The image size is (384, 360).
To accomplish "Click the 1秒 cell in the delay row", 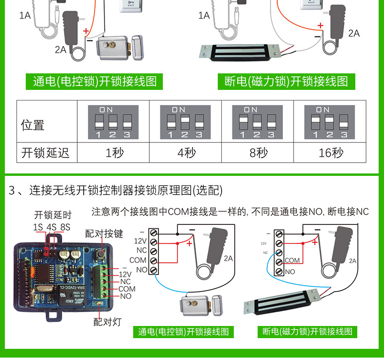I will pyautogui.click(x=114, y=153).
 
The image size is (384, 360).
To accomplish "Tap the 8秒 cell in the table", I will pyautogui.click(x=259, y=153).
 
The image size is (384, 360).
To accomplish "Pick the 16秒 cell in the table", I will pyautogui.click(x=331, y=153).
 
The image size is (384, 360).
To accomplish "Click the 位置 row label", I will pyautogui.click(x=33, y=125).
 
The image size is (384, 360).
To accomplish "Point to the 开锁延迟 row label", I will pyautogui.click(x=46, y=153).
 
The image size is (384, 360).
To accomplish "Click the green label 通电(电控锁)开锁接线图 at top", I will pyautogui.click(x=95, y=81).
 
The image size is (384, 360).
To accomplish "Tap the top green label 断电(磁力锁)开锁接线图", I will pyautogui.click(x=286, y=81).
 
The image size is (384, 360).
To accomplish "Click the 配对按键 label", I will pyautogui.click(x=104, y=234).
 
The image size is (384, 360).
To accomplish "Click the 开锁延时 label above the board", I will pyautogui.click(x=52, y=215).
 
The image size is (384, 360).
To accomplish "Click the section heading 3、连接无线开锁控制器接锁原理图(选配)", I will pyautogui.click(x=116, y=190).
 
